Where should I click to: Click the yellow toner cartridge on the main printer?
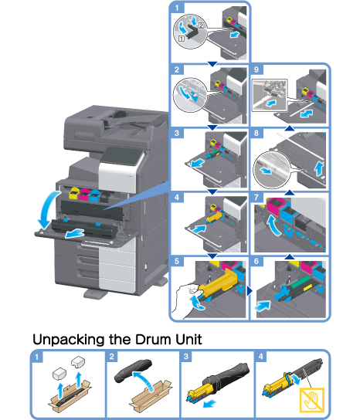tap(73, 193)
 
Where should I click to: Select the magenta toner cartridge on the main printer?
tap(84, 195)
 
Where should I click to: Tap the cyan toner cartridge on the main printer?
tap(94, 195)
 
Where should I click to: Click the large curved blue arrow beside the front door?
tap(48, 209)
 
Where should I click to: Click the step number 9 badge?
tap(256, 69)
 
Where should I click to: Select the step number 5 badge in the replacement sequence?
tap(177, 261)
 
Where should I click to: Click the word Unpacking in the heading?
tap(70, 340)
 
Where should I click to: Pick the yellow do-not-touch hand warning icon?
tap(312, 400)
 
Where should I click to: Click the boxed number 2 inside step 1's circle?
tap(201, 25)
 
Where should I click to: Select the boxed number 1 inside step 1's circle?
tap(182, 39)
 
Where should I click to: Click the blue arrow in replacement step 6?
tap(263, 306)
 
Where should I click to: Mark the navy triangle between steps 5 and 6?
tap(250, 291)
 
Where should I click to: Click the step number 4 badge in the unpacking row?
tap(260, 356)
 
